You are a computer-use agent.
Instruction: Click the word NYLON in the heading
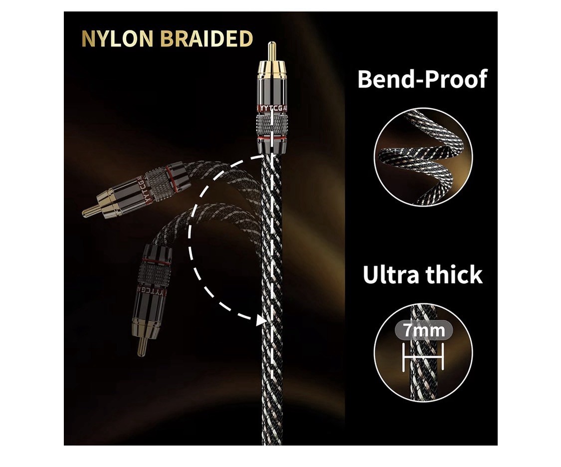tap(117, 39)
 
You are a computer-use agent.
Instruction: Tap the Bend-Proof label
tap(422, 79)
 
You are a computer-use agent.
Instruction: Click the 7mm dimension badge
tap(423, 330)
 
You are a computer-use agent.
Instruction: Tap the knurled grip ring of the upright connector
tap(272, 125)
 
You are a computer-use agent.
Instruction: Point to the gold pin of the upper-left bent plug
tap(91, 211)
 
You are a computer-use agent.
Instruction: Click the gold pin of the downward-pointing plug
tap(142, 347)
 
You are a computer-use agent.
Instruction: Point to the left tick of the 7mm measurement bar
tap(404, 357)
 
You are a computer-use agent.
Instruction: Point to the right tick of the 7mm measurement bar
tap(442, 357)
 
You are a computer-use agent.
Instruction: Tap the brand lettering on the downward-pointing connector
tap(151, 291)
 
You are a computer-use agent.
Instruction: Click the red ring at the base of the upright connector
tap(272, 137)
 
